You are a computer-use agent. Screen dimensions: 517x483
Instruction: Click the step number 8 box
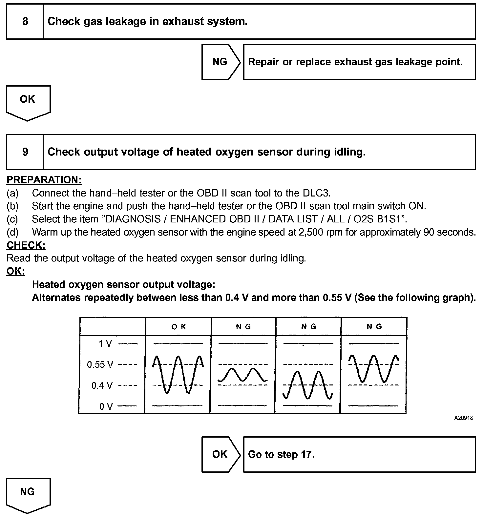25,22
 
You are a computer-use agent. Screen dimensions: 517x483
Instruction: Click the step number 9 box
25,152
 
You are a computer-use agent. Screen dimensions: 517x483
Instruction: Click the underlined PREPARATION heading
44,180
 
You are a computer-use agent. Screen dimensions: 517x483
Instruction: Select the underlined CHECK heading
26,245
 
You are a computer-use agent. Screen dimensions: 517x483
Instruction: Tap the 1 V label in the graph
105,343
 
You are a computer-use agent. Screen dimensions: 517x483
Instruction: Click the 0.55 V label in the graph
100,364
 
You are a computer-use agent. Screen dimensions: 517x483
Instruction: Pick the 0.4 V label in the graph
102,385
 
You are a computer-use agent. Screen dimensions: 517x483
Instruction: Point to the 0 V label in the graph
106,406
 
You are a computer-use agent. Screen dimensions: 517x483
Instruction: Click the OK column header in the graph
178,326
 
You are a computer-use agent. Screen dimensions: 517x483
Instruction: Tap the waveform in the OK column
178,374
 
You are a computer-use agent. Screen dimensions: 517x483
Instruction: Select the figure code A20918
463,418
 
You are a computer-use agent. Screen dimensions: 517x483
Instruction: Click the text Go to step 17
281,454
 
